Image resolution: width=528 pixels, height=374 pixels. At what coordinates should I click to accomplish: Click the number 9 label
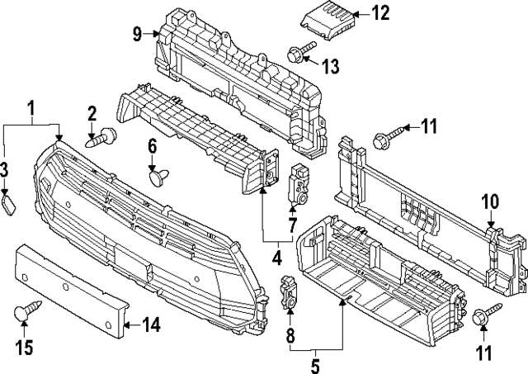point(137,34)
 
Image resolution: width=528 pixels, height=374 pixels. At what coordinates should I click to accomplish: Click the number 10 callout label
point(490,201)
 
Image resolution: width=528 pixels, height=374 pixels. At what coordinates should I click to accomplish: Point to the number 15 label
point(25,348)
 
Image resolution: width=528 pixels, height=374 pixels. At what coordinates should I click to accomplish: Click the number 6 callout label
point(152,145)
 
